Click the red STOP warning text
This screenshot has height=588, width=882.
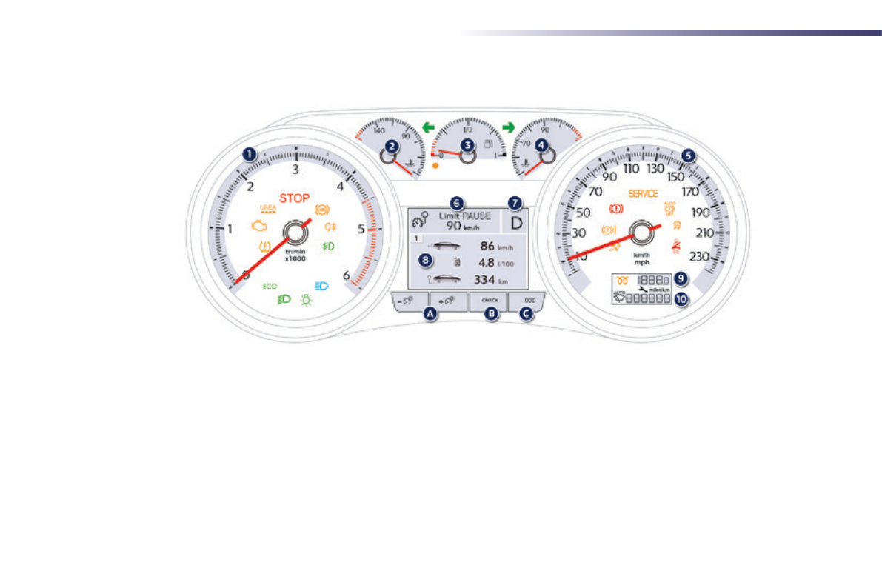(294, 198)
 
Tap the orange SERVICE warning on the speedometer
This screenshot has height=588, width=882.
(643, 193)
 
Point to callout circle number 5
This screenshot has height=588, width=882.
(689, 156)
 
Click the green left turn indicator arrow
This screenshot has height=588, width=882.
(428, 127)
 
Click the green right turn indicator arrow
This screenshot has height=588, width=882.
(507, 127)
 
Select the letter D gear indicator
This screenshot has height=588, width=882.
(516, 221)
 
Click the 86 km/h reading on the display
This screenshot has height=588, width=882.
(487, 245)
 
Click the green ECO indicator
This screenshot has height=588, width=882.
(270, 286)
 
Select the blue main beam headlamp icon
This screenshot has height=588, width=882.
(321, 285)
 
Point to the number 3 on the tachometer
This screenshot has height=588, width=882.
(295, 170)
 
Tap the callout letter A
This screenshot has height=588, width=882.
(429, 314)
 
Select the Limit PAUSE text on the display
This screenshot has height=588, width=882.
(465, 216)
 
